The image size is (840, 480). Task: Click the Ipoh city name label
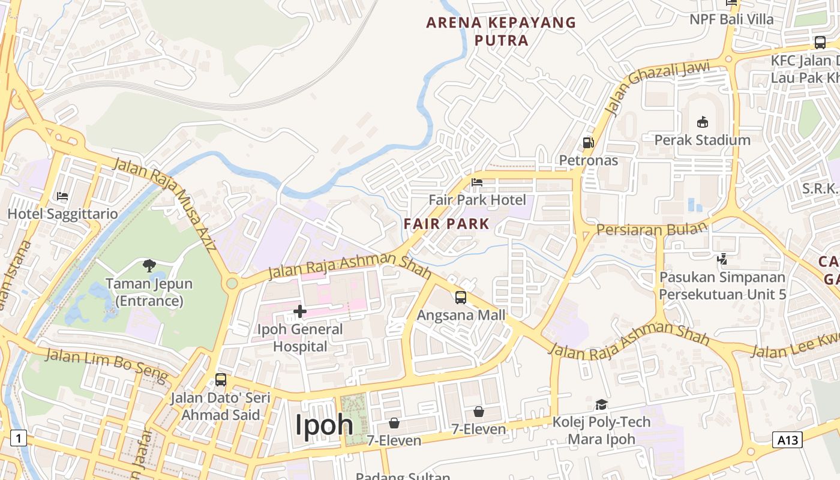pyautogui.click(x=324, y=425)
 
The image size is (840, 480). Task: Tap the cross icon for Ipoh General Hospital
pyautogui.click(x=300, y=311)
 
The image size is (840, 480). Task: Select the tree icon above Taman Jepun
pyautogui.click(x=149, y=265)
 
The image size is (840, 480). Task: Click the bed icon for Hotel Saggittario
pyautogui.click(x=62, y=196)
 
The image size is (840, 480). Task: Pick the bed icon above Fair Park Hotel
pyautogui.click(x=477, y=182)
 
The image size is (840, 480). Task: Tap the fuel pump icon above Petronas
pyautogui.click(x=588, y=142)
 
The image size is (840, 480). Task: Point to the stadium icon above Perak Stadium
pyautogui.click(x=702, y=122)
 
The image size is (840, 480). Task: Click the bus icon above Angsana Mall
pyautogui.click(x=460, y=297)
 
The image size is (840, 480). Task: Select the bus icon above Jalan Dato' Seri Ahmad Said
pyautogui.click(x=220, y=379)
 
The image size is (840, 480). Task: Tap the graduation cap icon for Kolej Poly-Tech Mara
pyautogui.click(x=601, y=404)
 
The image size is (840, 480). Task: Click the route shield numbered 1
pyautogui.click(x=19, y=439)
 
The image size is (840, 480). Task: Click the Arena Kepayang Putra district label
pyautogui.click(x=501, y=31)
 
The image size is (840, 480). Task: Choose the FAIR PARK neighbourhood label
pyautogui.click(x=446, y=224)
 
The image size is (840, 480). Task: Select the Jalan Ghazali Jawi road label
pyautogui.click(x=656, y=86)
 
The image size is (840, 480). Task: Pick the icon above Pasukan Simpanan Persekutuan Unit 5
pyautogui.click(x=722, y=259)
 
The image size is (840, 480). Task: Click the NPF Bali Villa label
pyautogui.click(x=731, y=19)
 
